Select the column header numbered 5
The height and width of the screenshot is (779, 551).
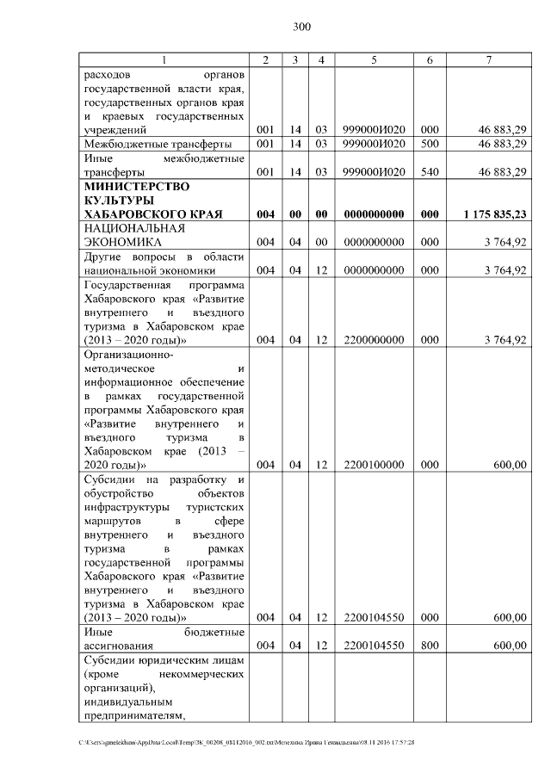(374, 59)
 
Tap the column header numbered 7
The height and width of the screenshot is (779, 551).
(488, 59)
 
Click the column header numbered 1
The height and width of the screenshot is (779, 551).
(164, 59)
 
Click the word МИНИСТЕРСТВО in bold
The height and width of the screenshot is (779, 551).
(135, 186)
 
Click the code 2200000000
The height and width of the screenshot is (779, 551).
(374, 340)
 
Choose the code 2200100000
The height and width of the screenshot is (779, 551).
(374, 465)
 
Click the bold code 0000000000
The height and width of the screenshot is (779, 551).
(374, 213)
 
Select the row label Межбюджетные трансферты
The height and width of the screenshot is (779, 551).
(146, 143)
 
